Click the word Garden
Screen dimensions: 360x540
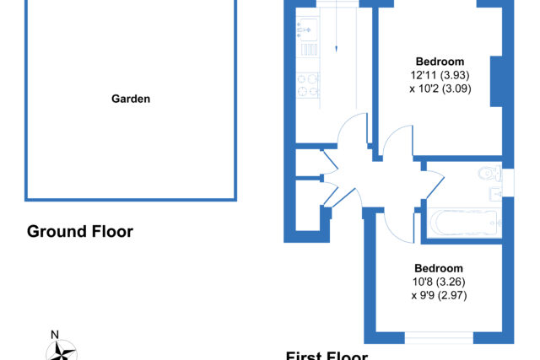coord(131,99)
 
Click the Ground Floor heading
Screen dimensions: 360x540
coord(80,231)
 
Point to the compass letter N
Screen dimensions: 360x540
coord(55,334)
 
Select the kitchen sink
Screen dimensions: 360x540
coord(305,31)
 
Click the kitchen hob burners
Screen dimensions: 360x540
coord(307,83)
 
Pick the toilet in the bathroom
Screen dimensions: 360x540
coord(489,173)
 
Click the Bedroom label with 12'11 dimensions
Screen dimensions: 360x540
coord(440,62)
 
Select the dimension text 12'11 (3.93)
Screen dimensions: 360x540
coord(440,74)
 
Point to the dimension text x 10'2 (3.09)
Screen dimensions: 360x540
coord(440,87)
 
